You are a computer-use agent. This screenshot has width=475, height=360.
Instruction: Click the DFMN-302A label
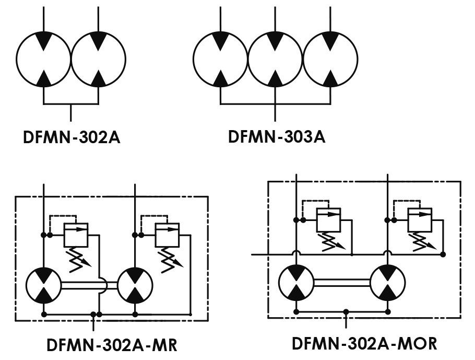pyautogui.click(x=72, y=137)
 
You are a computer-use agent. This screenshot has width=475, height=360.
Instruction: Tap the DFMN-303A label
pyautogui.click(x=277, y=136)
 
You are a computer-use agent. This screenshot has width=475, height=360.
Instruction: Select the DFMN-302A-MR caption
pyautogui.click(x=112, y=345)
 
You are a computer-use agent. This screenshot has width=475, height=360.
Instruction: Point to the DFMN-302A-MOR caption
pyautogui.click(x=364, y=344)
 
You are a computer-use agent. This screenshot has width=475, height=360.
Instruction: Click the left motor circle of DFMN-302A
pyautogui.click(x=17, y=59)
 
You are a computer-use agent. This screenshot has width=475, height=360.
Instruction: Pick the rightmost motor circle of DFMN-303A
pyautogui.click(x=357, y=59)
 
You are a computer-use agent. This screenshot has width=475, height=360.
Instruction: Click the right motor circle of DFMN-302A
pyautogui.click(x=125, y=59)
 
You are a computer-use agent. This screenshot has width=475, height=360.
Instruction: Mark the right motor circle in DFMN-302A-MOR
pyautogui.click(x=404, y=283)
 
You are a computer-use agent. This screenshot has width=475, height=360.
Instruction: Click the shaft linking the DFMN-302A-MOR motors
pyautogui.click(x=342, y=283)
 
